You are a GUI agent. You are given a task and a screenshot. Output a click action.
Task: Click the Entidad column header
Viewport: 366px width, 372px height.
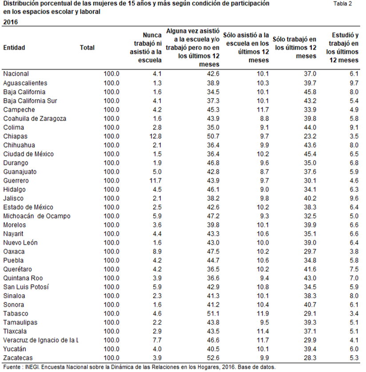pos(14,47)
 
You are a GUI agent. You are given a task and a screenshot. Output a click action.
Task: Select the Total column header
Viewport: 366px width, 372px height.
pos(87,47)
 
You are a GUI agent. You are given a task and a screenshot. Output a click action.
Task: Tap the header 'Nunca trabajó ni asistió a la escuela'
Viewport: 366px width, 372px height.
pos(147,47)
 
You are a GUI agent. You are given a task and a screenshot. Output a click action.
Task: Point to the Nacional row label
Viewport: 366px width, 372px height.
pos(16,74)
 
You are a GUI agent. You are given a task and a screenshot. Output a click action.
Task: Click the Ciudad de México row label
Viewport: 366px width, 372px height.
pos(28,154)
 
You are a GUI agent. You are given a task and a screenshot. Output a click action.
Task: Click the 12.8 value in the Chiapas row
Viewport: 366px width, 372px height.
pos(154,136)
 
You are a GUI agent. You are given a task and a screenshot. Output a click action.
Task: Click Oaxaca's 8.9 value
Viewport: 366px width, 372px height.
pos(156,251)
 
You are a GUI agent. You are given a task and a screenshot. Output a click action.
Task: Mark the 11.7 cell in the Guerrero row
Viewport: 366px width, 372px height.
pos(154,181)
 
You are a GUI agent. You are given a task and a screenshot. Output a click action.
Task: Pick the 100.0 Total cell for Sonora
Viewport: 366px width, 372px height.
pos(111,305)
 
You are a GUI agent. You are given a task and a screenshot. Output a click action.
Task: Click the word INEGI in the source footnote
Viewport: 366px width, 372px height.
pos(36,367)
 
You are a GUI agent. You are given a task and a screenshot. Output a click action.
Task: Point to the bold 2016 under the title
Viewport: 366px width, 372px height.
pos(11,21)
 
